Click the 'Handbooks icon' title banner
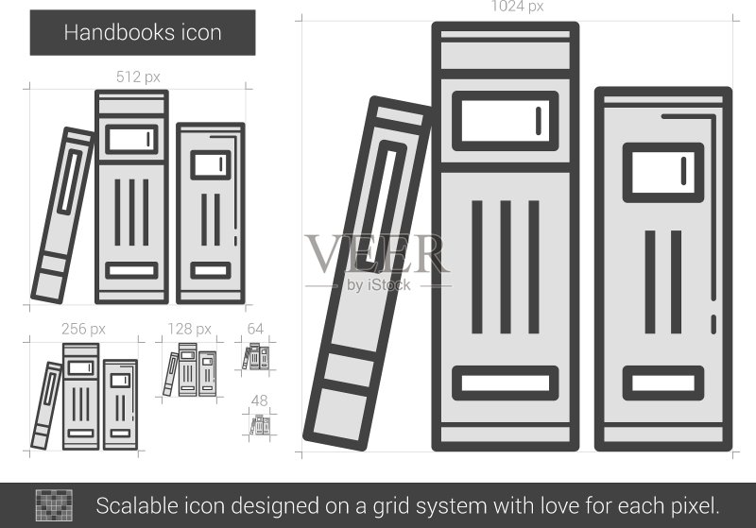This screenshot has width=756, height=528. click(x=143, y=33)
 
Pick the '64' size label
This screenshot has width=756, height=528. click(x=255, y=329)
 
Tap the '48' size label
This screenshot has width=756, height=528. click(x=259, y=400)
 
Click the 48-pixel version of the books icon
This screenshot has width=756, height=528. click(x=260, y=426)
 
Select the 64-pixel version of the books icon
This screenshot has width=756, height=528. click(x=255, y=356)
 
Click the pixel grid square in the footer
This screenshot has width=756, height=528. click(x=54, y=505)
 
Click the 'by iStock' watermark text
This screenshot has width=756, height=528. click(x=379, y=284)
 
